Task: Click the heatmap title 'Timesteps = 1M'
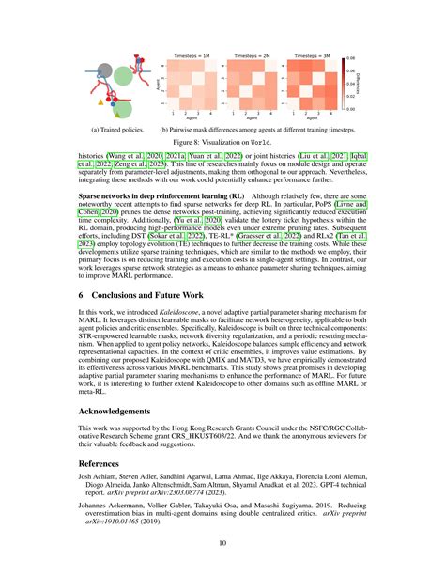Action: (x=193, y=56)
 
